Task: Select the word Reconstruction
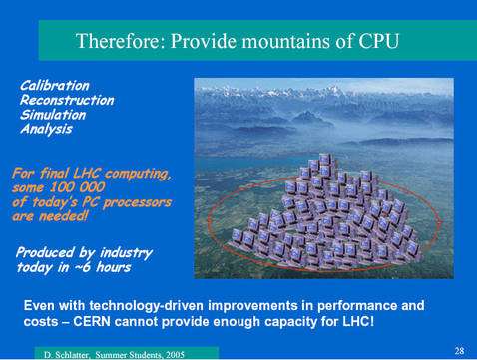pos(67,100)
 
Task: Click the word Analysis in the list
pos(47,128)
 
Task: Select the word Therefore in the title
pos(119,42)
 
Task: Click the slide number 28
pos(458,351)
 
